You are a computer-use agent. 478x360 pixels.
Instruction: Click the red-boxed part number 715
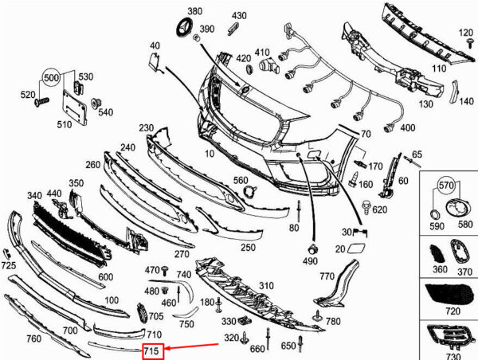[x=151, y=351]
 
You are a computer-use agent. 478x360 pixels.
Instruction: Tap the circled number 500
[x=52, y=78]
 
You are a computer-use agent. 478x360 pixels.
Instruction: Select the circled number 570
[x=446, y=185]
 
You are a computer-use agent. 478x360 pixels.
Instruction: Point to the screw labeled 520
[x=41, y=102]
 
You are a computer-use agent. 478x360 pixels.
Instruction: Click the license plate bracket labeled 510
[x=75, y=107]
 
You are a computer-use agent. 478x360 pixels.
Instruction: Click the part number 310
[x=266, y=286]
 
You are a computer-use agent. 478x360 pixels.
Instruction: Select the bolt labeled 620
[x=366, y=207]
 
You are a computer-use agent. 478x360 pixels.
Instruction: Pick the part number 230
[x=147, y=127]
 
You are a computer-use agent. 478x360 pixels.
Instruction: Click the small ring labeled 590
[x=435, y=214]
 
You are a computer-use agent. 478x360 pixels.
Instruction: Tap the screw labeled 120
[x=469, y=44]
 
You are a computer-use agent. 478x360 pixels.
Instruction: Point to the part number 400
[x=408, y=127]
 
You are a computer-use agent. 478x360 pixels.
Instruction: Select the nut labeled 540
[x=96, y=104]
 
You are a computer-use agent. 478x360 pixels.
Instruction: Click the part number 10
[x=210, y=154]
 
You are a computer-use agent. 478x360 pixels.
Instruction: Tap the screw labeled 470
[x=165, y=270]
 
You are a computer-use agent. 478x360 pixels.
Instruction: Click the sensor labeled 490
[x=312, y=249]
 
